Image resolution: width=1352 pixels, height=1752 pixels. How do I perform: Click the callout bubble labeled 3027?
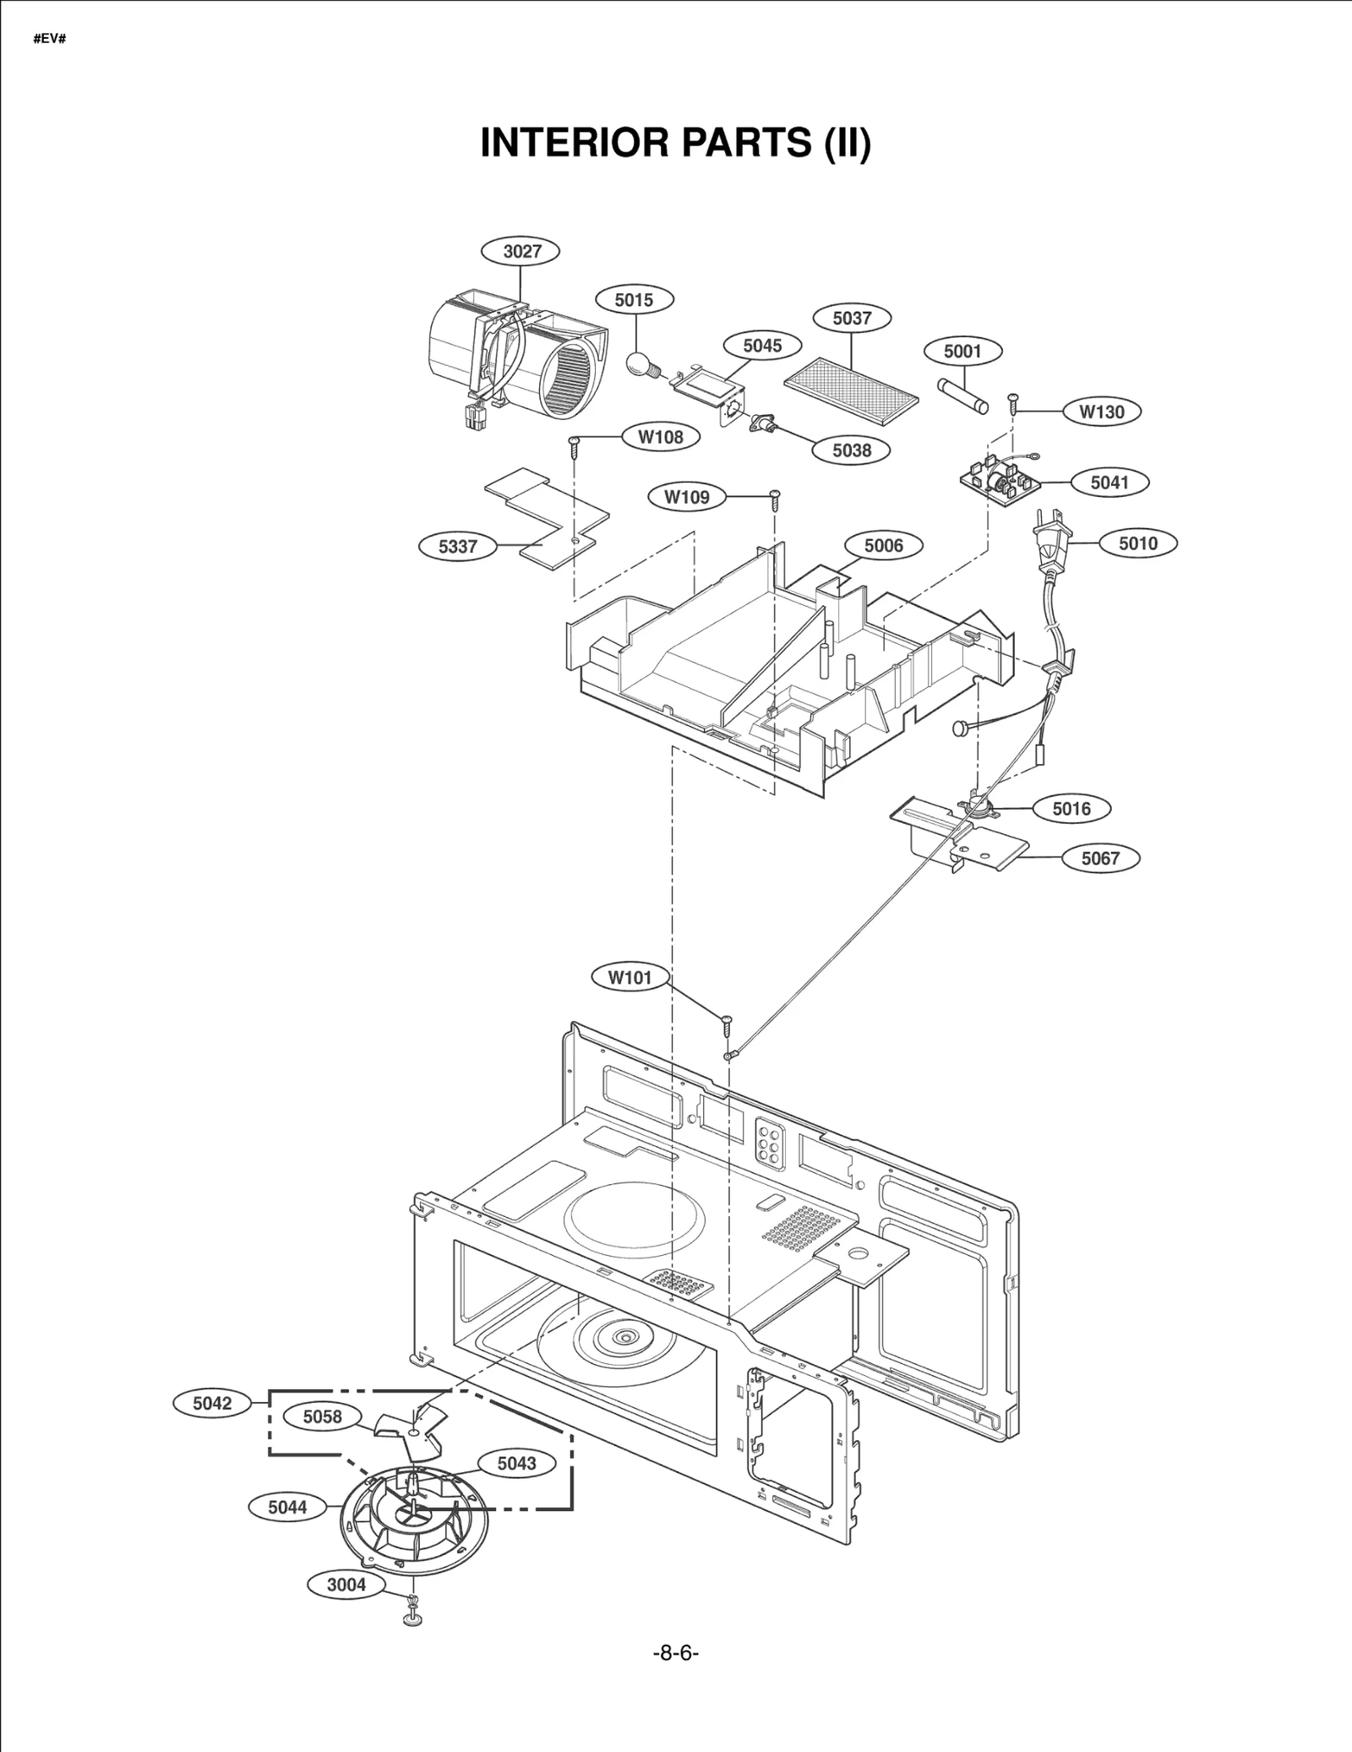[x=521, y=251]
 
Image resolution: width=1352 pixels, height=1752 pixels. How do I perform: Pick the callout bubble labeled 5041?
[x=1109, y=483]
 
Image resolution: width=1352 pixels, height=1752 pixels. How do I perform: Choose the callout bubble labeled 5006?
[x=883, y=546]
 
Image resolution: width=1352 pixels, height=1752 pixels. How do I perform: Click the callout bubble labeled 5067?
[x=1099, y=859]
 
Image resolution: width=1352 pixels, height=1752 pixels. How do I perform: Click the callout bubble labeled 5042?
[x=211, y=1404]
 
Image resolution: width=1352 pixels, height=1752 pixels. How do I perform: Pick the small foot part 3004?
[x=412, y=1615]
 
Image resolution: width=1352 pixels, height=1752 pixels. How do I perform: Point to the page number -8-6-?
[x=675, y=1653]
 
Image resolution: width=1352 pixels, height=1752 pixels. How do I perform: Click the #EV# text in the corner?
[x=50, y=40]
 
